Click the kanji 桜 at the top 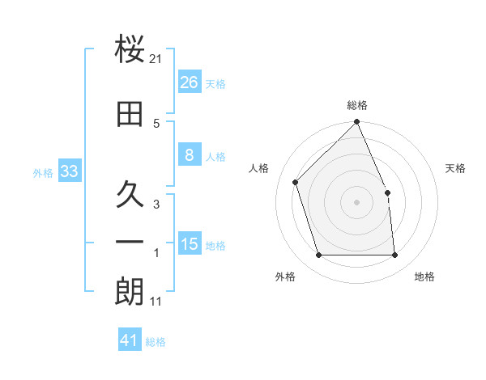(130, 51)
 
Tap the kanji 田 (130, 114)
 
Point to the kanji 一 (130, 242)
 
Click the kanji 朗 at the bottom (130, 293)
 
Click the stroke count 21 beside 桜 (156, 59)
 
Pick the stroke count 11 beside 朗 (156, 302)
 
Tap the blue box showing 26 (189, 82)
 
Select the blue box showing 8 (189, 155)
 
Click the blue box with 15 (189, 244)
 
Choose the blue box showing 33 (69, 171)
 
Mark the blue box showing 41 (130, 340)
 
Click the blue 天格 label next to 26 (215, 84)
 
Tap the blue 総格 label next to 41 (156, 342)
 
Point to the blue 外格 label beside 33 (43, 173)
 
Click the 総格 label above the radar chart (356, 106)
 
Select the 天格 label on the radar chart (456, 168)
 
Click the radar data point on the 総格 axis (356, 123)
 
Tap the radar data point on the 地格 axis (394, 255)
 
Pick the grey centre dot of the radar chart (356, 202)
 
